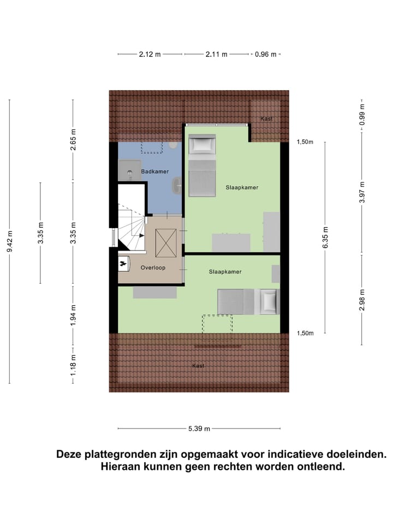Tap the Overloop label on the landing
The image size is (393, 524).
(x=153, y=267)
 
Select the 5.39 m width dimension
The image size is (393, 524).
(x=199, y=428)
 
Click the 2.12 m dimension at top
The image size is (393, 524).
(x=150, y=54)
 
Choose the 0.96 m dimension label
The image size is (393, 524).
(x=266, y=54)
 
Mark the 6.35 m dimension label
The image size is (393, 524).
(x=325, y=237)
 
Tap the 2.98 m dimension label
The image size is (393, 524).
(x=362, y=300)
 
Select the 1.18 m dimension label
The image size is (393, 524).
(x=73, y=365)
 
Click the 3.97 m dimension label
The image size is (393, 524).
(x=362, y=192)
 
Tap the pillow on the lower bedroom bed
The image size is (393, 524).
(x=269, y=301)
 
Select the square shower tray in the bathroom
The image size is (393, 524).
(x=129, y=170)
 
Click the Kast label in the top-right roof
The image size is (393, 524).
(x=266, y=118)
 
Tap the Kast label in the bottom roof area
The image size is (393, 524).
(x=198, y=366)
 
